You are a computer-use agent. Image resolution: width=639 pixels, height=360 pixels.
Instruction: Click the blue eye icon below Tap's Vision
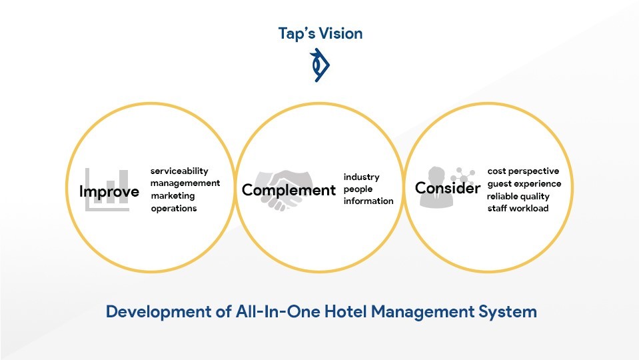click(320, 65)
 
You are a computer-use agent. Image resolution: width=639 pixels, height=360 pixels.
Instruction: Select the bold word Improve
click(109, 191)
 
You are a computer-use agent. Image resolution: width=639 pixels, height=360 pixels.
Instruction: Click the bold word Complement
click(289, 191)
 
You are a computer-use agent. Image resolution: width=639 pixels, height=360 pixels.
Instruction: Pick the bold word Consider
click(448, 188)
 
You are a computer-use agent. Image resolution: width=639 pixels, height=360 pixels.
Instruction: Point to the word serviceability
click(179, 171)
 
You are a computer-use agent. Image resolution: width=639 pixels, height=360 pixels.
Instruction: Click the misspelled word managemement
click(185, 183)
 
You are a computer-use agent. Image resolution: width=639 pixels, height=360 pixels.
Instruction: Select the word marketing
click(173, 196)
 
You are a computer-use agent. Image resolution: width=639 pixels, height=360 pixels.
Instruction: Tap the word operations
click(174, 209)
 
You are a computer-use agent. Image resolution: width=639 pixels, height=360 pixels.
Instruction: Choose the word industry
click(361, 177)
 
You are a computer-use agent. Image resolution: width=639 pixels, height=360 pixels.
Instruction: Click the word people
click(358, 189)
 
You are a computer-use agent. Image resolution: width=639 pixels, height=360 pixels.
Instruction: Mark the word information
click(368, 201)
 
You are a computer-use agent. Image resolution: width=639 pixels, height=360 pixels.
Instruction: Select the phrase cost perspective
click(523, 171)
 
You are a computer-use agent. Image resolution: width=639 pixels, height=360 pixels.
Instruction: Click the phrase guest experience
click(524, 184)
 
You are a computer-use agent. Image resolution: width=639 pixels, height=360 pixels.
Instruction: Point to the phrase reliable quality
click(518, 197)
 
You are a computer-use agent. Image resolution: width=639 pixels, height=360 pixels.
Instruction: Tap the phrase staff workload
click(518, 209)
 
